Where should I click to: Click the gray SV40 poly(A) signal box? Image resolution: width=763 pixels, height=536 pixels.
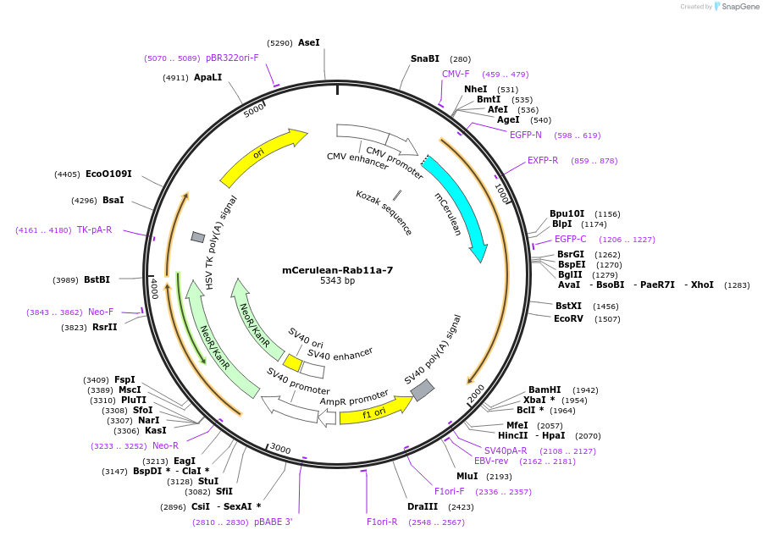tap(423, 389)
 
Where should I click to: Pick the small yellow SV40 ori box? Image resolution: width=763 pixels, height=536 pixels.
tap(292, 362)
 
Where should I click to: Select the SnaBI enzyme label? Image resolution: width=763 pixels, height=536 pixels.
tap(425, 59)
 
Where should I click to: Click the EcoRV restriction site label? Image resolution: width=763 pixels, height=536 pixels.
tap(568, 319)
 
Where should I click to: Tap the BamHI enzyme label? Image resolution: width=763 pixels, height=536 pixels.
tap(545, 390)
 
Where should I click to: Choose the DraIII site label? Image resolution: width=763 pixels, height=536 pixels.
tap(422, 506)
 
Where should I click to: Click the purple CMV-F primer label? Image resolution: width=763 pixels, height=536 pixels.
tap(456, 74)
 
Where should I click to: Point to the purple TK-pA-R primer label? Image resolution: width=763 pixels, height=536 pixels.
tap(94, 229)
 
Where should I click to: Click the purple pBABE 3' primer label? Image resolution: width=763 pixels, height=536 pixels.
tap(273, 522)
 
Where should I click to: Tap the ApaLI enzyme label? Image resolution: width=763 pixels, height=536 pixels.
tap(207, 77)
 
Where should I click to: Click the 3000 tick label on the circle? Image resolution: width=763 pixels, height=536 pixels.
tap(279, 450)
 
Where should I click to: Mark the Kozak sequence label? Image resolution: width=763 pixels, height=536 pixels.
tap(384, 212)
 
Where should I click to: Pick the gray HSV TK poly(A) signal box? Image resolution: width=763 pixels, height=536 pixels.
tap(197, 237)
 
